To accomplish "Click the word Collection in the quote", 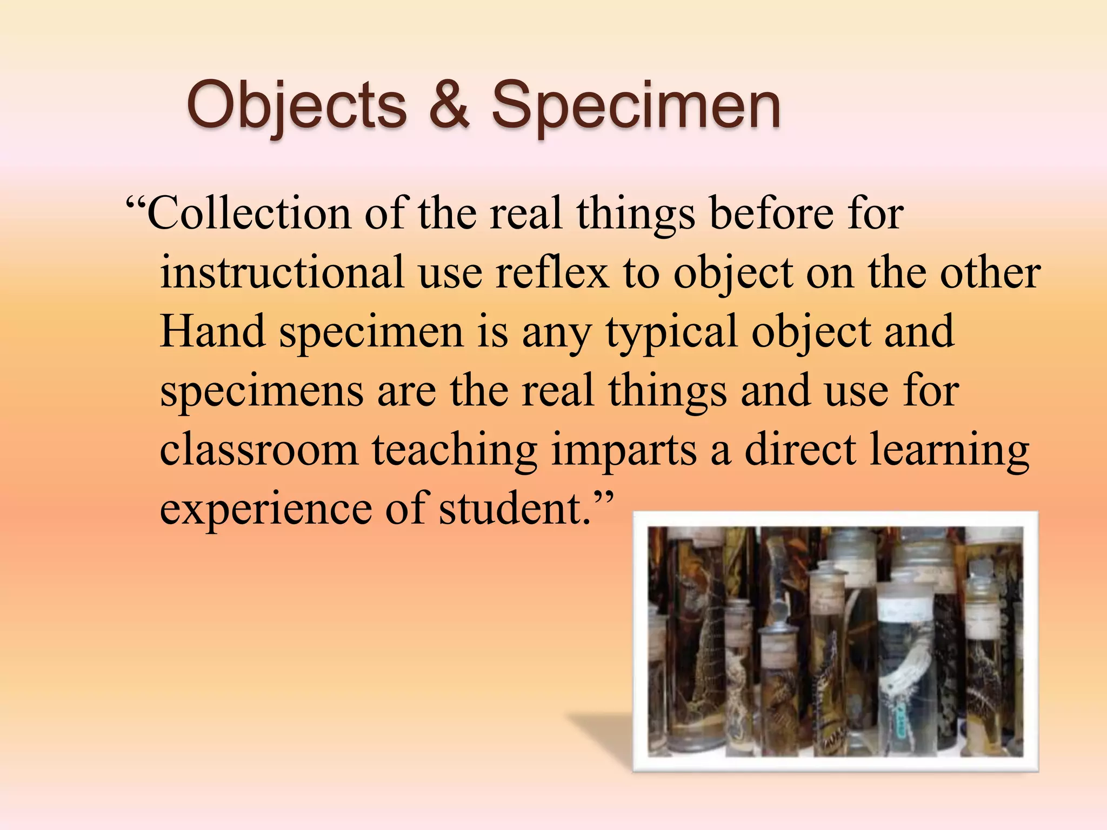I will click(x=249, y=213).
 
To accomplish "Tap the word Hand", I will click(x=212, y=331).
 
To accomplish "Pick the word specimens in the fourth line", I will click(x=262, y=391).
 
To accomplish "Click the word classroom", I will click(x=259, y=449).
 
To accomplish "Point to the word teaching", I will click(x=454, y=450).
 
